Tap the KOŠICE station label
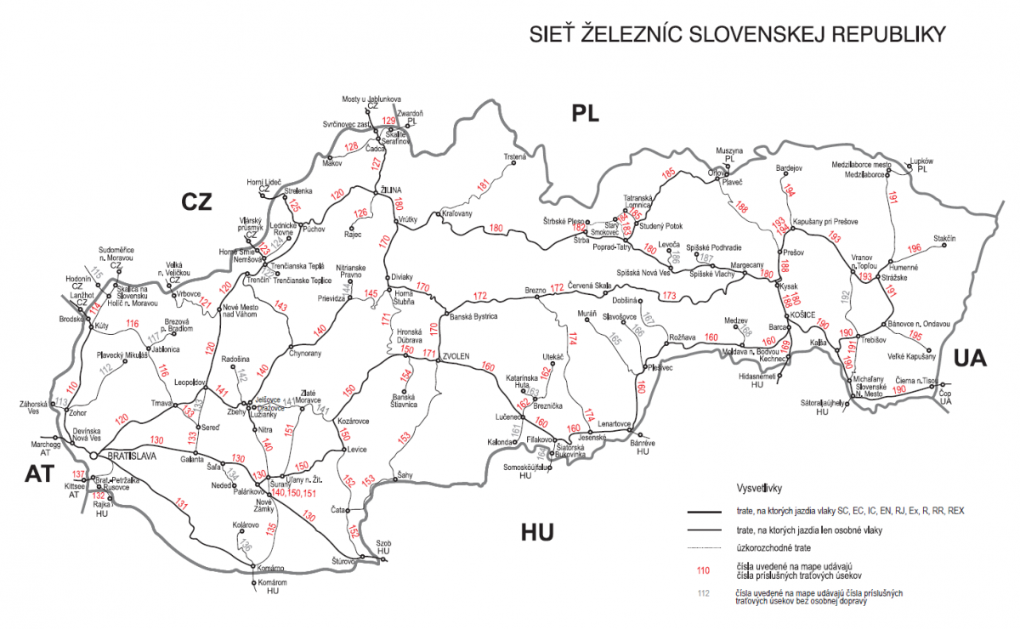[x=803, y=314]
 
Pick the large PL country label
[x=586, y=112]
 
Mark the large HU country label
[x=537, y=532]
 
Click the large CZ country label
[x=196, y=201]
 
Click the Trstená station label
[x=514, y=157]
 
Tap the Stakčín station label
[x=943, y=238]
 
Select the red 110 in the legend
[x=702, y=570]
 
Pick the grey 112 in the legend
[x=702, y=594]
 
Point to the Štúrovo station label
[x=340, y=562]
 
